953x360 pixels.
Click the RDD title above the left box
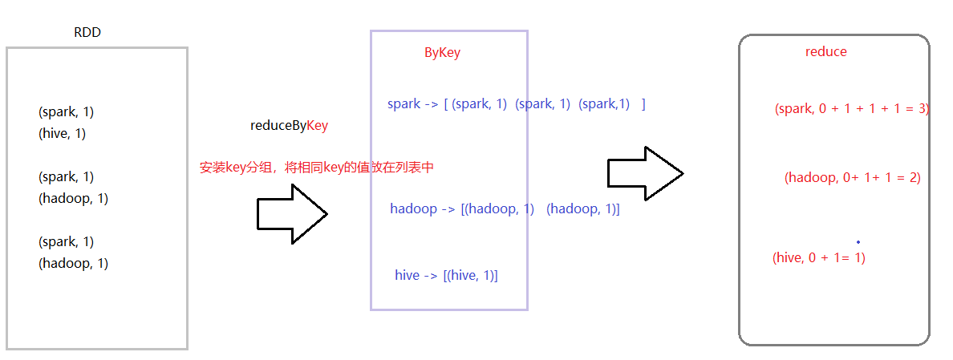(x=87, y=33)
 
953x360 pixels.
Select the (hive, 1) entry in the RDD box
(x=62, y=134)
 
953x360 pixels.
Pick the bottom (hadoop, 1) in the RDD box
(x=73, y=263)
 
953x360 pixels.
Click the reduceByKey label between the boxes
(x=289, y=126)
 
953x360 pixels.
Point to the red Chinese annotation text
(x=316, y=168)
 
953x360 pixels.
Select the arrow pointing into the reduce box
(x=644, y=172)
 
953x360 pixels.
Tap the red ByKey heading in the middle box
(x=442, y=53)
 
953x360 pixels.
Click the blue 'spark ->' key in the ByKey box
(x=412, y=104)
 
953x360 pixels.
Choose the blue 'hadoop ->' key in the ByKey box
(x=424, y=209)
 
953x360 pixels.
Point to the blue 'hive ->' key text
(x=416, y=275)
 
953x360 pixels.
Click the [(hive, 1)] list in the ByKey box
(x=471, y=275)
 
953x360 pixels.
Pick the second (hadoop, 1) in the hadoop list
(x=581, y=209)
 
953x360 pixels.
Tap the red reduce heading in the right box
(x=825, y=52)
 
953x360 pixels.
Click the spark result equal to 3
(x=852, y=109)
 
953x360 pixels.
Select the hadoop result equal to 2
(x=852, y=178)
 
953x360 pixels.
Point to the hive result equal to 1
(x=819, y=257)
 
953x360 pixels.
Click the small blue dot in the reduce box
(x=858, y=241)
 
